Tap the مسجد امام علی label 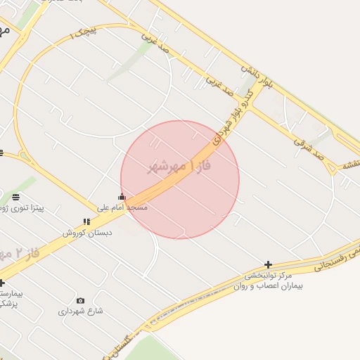pyautogui.click(x=124, y=207)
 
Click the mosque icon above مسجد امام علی pyautogui.click(x=122, y=197)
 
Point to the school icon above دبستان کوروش pyautogui.click(x=86, y=222)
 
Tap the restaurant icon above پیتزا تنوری pyautogui.click(x=15, y=197)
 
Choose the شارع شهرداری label pyautogui.click(x=81, y=311)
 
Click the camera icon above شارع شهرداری pyautogui.click(x=80, y=301)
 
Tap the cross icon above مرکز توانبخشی pyautogui.click(x=269, y=264)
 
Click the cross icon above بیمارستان pyautogui.click(x=1, y=283)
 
